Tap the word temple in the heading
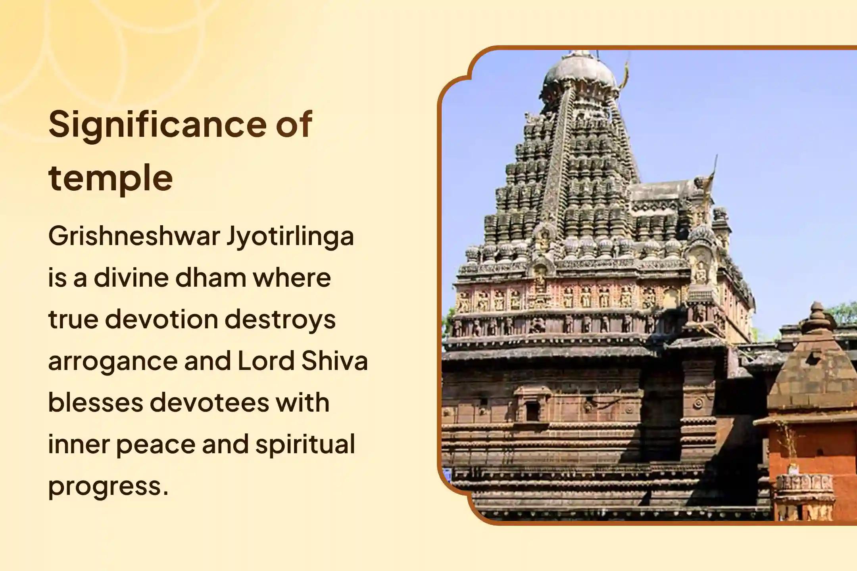click(x=111, y=178)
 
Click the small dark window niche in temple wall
click(x=532, y=413)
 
